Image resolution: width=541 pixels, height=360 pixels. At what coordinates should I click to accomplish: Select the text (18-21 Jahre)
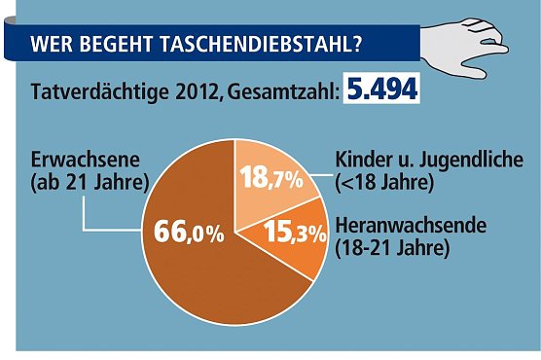391,248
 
